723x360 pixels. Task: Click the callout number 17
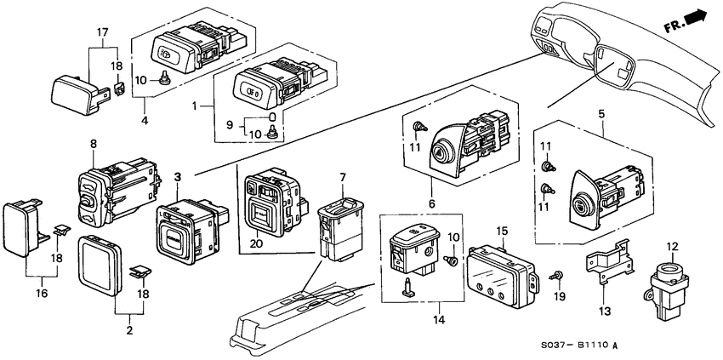point(102,34)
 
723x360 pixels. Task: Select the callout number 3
point(178,176)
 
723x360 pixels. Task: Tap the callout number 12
point(672,247)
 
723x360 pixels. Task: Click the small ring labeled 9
point(271,117)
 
